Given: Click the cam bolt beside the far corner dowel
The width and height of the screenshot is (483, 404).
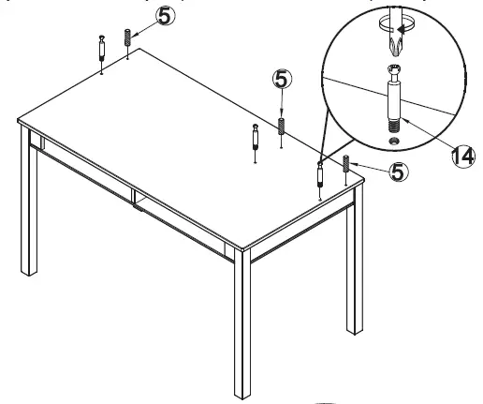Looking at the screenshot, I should (101, 47).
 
